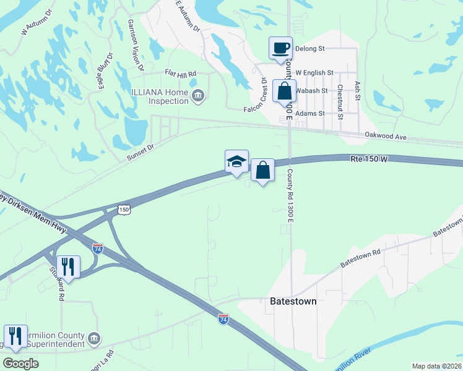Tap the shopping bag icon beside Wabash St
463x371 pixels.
284,91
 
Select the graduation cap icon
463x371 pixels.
236,161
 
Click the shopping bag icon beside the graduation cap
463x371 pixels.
262,169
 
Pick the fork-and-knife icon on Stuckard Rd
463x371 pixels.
68,267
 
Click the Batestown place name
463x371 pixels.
293,301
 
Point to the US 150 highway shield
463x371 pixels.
124,210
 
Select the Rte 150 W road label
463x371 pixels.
369,160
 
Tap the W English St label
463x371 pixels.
314,73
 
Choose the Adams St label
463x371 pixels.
310,114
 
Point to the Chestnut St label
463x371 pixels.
340,98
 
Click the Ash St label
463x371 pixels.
357,91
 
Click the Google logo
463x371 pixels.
20,364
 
